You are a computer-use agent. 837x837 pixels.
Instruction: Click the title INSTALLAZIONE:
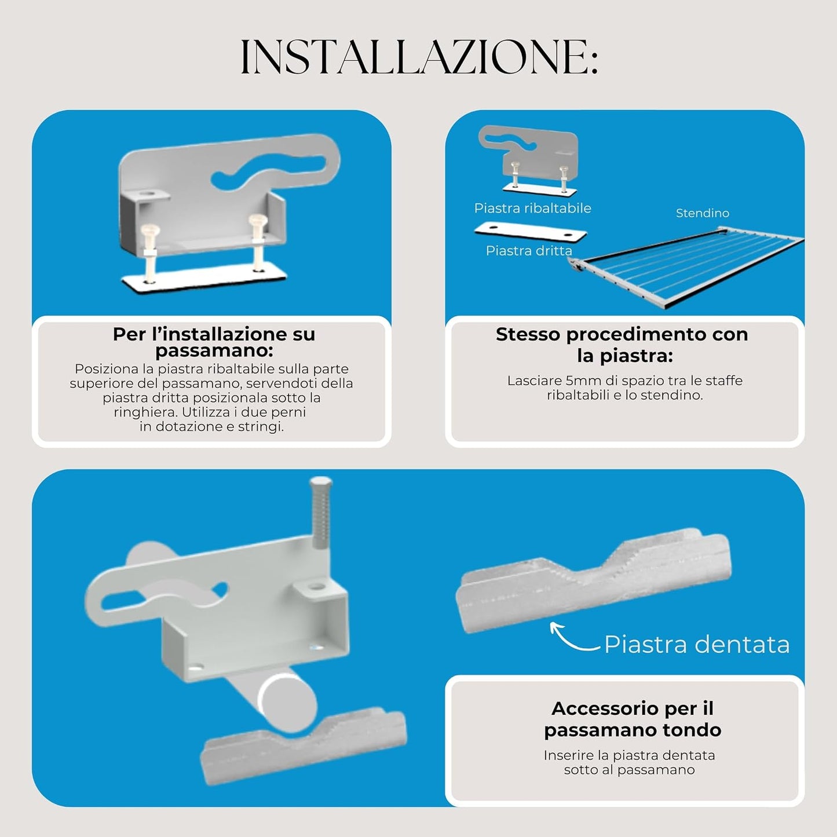pos(419,57)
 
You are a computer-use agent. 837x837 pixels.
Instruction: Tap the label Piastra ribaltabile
pos(532,208)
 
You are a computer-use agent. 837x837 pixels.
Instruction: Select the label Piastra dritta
pos(529,251)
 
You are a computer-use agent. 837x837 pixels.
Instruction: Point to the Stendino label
pos(703,213)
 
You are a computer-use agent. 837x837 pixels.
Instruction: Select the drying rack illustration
pos(686,266)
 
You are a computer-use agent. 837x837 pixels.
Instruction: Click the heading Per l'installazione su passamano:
pos(214,342)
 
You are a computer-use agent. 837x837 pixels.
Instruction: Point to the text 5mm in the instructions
pos(584,381)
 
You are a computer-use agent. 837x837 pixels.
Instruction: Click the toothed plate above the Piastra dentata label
pos(593,579)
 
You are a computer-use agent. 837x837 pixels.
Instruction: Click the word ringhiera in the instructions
pos(145,412)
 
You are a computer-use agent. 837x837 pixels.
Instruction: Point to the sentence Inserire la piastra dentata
pos(629,755)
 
